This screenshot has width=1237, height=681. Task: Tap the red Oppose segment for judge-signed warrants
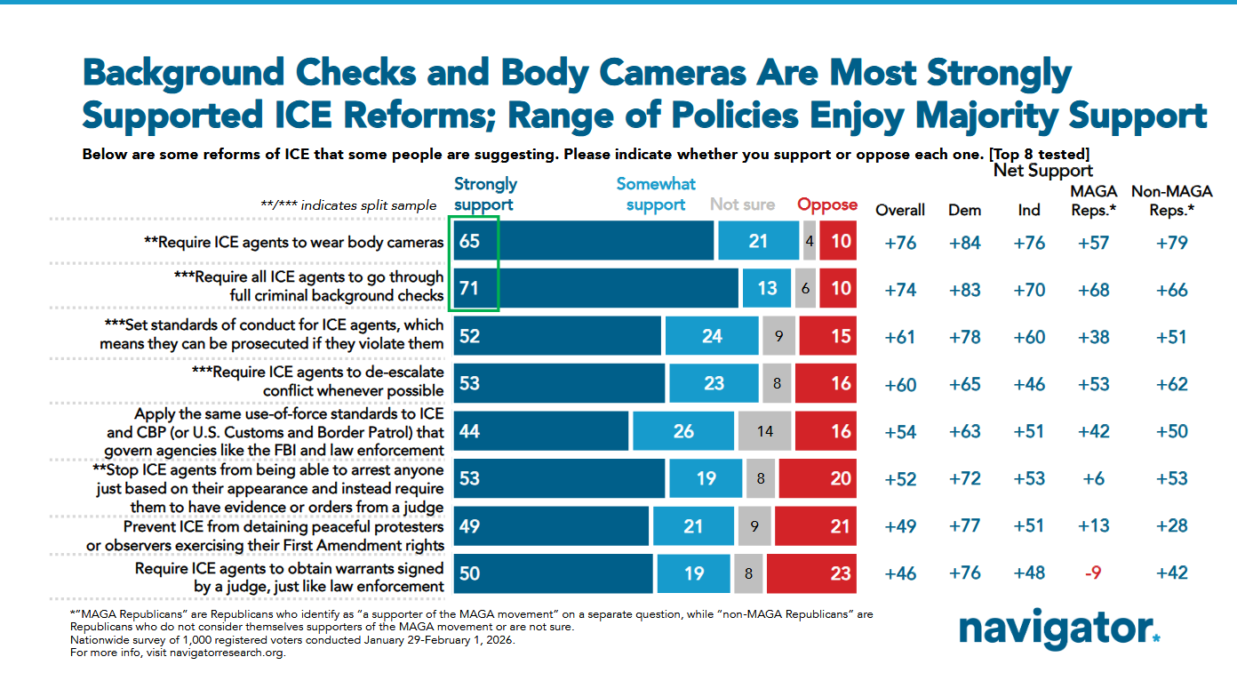pos(810,573)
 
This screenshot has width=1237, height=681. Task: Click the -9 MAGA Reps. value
pos(1095,573)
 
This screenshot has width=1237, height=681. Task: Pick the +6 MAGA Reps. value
pos(1095,478)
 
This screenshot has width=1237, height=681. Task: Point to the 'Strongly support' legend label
pos(485,194)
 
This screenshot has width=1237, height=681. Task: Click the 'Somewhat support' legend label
pos(656,194)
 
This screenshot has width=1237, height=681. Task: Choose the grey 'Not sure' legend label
pos(743,204)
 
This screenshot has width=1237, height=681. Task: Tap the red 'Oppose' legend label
pos(827,204)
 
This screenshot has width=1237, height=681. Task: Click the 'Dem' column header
pos(965,210)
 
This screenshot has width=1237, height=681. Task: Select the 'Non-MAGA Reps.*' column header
pos(1171,200)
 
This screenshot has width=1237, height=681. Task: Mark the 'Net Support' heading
pos(1042,170)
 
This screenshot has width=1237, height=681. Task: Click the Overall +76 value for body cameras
pos(900,243)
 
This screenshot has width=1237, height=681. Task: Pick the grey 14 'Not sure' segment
pos(765,431)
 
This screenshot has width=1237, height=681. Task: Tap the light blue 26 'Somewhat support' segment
pos(682,431)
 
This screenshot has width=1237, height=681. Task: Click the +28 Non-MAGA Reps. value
pos(1171,525)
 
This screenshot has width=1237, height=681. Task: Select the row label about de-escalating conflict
pos(317,382)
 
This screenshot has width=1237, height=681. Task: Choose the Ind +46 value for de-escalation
pos(1029,384)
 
